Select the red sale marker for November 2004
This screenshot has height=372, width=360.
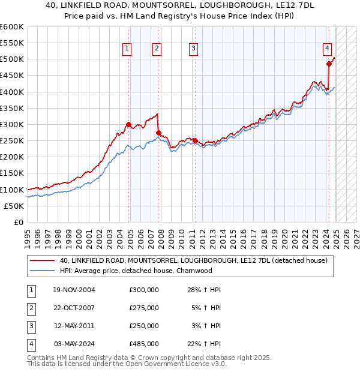[128, 125]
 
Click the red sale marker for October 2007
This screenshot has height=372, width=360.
[158, 133]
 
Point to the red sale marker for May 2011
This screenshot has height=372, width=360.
[195, 141]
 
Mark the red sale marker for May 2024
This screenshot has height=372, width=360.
[329, 64]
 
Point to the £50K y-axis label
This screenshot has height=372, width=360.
[14, 206]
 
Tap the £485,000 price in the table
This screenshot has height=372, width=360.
[144, 344]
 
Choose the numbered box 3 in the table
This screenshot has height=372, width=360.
[30, 326]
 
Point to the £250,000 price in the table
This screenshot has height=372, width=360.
[144, 326]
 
